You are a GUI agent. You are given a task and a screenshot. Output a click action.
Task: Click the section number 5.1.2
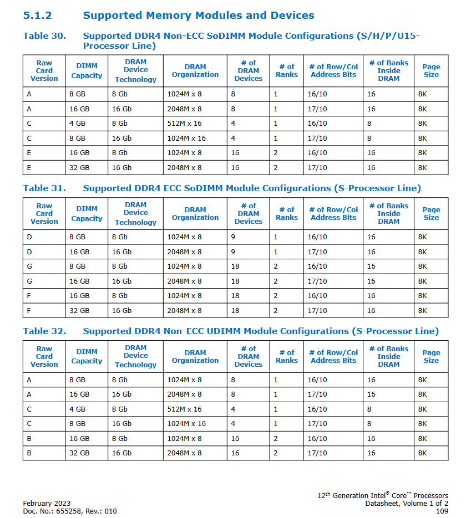click(x=38, y=16)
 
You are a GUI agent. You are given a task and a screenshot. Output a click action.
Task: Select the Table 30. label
click(x=44, y=36)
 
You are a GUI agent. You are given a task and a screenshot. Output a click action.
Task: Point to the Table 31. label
click(x=44, y=188)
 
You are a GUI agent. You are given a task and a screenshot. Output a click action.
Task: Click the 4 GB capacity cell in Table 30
click(x=77, y=124)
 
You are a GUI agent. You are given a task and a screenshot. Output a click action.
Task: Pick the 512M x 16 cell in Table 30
click(x=185, y=124)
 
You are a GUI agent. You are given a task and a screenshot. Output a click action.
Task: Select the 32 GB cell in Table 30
click(x=79, y=167)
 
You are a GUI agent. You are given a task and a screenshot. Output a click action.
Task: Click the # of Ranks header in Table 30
click(x=287, y=71)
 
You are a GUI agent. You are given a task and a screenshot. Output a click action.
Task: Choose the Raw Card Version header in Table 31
click(x=44, y=214)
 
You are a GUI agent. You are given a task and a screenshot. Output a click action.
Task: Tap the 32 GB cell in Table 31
click(x=79, y=311)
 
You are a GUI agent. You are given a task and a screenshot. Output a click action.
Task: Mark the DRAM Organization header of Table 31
click(x=195, y=214)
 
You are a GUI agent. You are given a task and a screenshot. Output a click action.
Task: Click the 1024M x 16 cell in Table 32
click(x=186, y=424)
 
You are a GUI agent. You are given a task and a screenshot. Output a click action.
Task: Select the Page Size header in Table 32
click(x=431, y=356)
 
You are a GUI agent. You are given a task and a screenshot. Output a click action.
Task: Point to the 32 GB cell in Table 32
click(x=79, y=453)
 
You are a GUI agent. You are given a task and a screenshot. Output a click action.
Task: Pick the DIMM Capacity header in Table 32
click(x=87, y=356)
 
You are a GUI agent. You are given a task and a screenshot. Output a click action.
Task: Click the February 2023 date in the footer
click(x=47, y=504)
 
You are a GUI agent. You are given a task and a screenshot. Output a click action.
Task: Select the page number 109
click(x=442, y=511)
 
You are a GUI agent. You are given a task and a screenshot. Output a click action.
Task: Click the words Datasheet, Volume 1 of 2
click(x=407, y=504)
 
